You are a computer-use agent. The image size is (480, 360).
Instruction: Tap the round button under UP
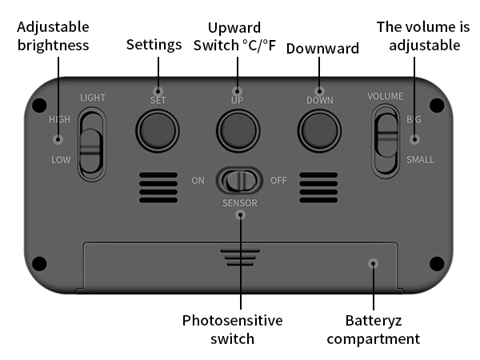(x=238, y=130)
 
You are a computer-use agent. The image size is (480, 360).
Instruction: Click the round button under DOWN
(x=319, y=130)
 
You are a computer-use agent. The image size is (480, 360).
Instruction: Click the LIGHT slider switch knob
(x=90, y=150)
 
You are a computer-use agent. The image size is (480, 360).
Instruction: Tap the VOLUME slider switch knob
(x=387, y=135)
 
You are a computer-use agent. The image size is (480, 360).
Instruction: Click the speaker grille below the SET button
(x=158, y=187)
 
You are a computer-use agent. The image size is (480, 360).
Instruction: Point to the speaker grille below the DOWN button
(x=318, y=187)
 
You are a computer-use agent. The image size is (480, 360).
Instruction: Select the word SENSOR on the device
(x=240, y=203)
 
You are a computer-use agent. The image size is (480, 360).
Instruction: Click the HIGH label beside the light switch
(x=59, y=119)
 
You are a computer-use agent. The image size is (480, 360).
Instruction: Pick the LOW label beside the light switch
(x=61, y=160)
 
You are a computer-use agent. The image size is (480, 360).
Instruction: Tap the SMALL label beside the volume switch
(x=420, y=159)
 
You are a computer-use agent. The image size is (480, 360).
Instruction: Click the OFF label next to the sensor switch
(x=278, y=181)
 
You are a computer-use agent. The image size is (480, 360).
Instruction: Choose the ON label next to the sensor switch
(x=198, y=181)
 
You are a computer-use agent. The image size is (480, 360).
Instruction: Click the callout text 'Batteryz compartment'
(x=374, y=330)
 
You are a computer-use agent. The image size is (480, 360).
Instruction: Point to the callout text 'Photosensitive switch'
(x=232, y=330)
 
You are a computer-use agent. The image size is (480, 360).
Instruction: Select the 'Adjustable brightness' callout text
(x=53, y=36)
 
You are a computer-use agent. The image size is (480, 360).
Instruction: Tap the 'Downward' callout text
(x=322, y=48)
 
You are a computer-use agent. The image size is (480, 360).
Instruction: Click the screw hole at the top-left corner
(x=39, y=105)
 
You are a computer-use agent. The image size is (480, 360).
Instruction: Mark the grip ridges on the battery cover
(x=240, y=258)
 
